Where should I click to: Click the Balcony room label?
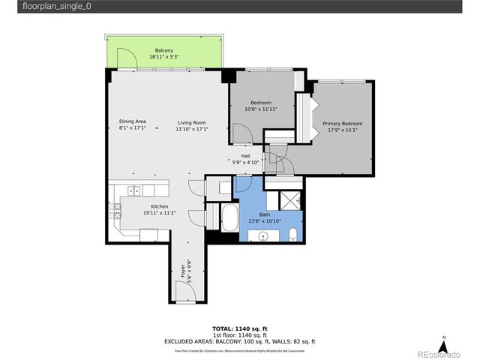pos(164,50)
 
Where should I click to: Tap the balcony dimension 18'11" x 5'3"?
pos(164,57)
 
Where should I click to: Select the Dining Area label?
pos(132,122)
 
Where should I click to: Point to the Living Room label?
pos(192,122)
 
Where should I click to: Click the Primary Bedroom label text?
pos(342,123)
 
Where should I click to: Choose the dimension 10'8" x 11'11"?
pos(260,109)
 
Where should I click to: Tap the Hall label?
pos(245,156)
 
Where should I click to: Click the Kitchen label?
pos(159,206)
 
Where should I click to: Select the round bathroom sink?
pos(263,236)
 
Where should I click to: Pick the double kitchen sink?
pos(133,190)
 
